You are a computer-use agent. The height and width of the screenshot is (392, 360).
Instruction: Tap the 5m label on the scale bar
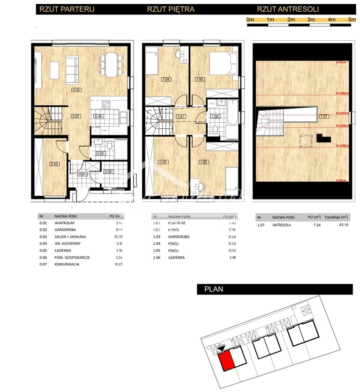pyautogui.click(x=352, y=20)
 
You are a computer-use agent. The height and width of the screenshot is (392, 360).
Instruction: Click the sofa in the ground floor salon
pyautogui.click(x=72, y=68)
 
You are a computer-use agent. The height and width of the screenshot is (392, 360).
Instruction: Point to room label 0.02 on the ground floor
pyautogui.click(x=54, y=164)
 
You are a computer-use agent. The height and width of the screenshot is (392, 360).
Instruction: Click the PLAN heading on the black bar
pyautogui.click(x=214, y=289)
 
